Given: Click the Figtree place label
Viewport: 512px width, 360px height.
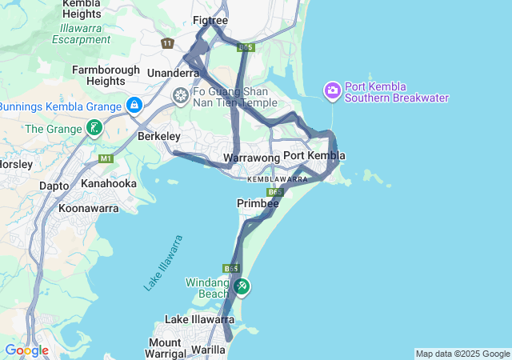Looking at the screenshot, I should [211, 21].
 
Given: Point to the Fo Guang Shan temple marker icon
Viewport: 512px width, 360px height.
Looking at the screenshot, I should [182, 97].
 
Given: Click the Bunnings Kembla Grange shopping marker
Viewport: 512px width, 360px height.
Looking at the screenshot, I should [134, 105].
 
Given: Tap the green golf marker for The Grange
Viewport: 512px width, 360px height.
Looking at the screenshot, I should [94, 128].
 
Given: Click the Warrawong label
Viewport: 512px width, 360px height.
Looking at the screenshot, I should [251, 158].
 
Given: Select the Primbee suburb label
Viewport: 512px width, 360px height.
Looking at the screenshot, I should [258, 204].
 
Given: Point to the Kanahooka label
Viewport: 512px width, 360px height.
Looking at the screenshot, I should [109, 183].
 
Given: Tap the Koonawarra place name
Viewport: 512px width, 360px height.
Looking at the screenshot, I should [88, 209].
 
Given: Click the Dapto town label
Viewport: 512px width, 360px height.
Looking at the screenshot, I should [54, 186].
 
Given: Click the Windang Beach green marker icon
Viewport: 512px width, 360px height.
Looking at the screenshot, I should [242, 286].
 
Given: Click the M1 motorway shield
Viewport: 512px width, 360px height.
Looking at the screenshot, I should [106, 159].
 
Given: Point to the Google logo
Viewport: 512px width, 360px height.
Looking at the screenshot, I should [26, 350].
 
